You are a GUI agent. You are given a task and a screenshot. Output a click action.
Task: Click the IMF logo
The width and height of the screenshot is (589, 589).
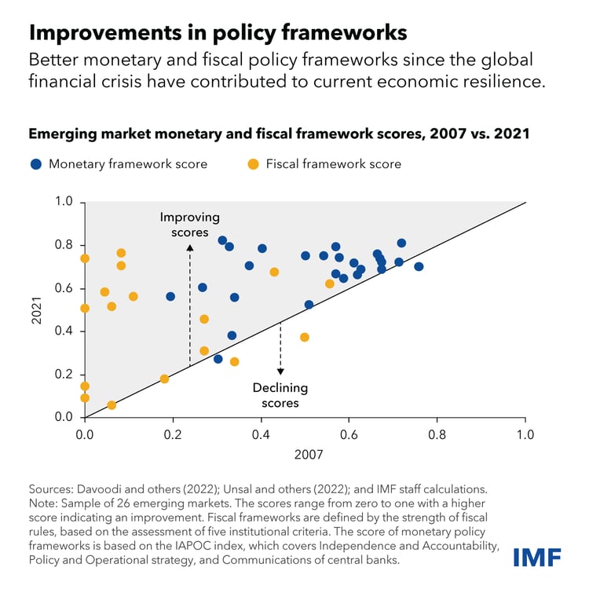pyautogui.click(x=538, y=557)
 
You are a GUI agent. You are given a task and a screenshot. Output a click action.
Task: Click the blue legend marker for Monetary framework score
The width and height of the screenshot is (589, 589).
pyautogui.click(x=36, y=164)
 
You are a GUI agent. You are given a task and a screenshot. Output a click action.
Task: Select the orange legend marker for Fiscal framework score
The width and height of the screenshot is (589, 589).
pyautogui.click(x=253, y=164)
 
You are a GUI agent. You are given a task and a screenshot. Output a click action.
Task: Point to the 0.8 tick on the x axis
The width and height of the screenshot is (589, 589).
pyautogui.click(x=437, y=433)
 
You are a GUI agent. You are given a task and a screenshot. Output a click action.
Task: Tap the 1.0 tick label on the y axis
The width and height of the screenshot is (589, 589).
pyautogui.click(x=64, y=202)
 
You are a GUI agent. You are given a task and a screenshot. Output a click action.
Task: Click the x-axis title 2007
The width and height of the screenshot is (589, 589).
pyautogui.click(x=305, y=454)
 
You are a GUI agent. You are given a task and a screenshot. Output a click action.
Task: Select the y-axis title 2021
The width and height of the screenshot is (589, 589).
pyautogui.click(x=35, y=309)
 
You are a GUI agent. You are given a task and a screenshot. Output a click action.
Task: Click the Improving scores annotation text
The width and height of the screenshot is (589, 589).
pyautogui.click(x=189, y=224)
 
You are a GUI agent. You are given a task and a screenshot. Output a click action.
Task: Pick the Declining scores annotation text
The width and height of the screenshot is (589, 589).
pyautogui.click(x=280, y=395)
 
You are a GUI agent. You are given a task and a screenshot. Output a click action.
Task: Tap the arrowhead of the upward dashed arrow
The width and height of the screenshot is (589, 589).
pyautogui.click(x=189, y=247)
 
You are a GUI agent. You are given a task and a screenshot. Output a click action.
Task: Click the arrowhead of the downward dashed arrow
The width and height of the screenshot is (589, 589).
pyautogui.click(x=280, y=371)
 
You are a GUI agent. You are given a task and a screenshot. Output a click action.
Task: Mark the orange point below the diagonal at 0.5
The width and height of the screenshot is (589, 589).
pyautogui.click(x=305, y=337)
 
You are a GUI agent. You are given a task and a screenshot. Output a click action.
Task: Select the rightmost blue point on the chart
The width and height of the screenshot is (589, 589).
pyautogui.click(x=419, y=266)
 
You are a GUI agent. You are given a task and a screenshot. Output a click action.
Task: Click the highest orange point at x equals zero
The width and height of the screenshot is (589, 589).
pyautogui.click(x=85, y=258)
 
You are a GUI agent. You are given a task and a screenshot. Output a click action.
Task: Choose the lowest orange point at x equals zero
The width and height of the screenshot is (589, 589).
pyautogui.click(x=85, y=398)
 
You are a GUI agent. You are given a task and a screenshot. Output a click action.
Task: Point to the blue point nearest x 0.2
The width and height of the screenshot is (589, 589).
pyautogui.click(x=170, y=296)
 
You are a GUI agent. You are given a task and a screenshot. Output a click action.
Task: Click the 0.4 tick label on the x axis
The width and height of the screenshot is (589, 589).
pyautogui.click(x=261, y=433)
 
